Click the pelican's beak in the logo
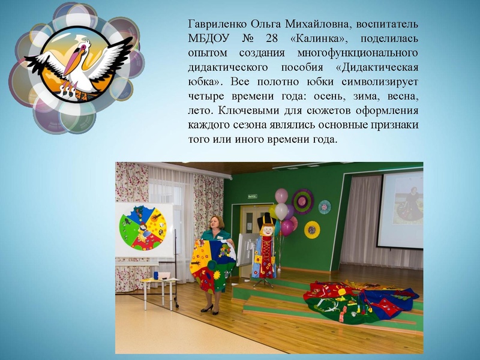pyautogui.click(x=74, y=64)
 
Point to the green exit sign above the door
pyautogui.click(x=253, y=196)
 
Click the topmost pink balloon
pyautogui.click(x=281, y=196)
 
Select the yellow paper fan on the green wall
pyautogui.click(x=311, y=229)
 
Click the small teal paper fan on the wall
pyautogui.click(x=325, y=206)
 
